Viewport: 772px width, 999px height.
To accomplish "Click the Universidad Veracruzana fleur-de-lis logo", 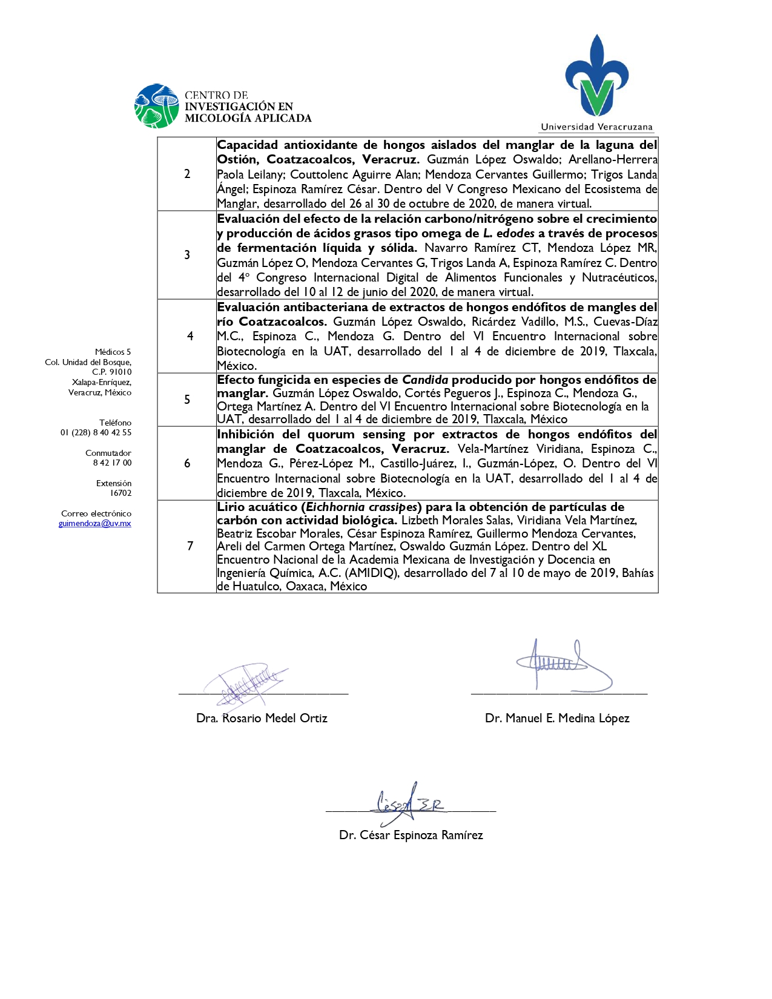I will tap(596, 77).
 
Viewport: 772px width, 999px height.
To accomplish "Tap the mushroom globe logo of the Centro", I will tap(157, 106).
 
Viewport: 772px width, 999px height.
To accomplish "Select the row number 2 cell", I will tap(187, 174).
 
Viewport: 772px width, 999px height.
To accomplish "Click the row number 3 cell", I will tap(187, 255).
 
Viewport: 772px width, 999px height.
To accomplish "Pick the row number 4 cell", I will tap(190, 336).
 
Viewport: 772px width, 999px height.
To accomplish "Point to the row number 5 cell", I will tap(187, 400).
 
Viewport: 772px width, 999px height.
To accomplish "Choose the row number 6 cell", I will tap(187, 463).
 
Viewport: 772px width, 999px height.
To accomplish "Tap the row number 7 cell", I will tap(190, 546).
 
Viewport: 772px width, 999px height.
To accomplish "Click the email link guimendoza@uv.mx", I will tap(95, 524).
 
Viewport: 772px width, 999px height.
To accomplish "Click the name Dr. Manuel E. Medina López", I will tap(557, 719).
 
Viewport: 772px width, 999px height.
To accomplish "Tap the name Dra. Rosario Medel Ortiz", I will tap(262, 719).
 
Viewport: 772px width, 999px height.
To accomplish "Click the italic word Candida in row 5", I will tap(425, 380).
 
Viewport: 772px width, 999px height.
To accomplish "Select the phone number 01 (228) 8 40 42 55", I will tap(96, 433).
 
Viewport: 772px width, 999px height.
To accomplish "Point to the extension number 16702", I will tap(120, 493).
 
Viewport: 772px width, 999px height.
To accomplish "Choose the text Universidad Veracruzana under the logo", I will tap(596, 127).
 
